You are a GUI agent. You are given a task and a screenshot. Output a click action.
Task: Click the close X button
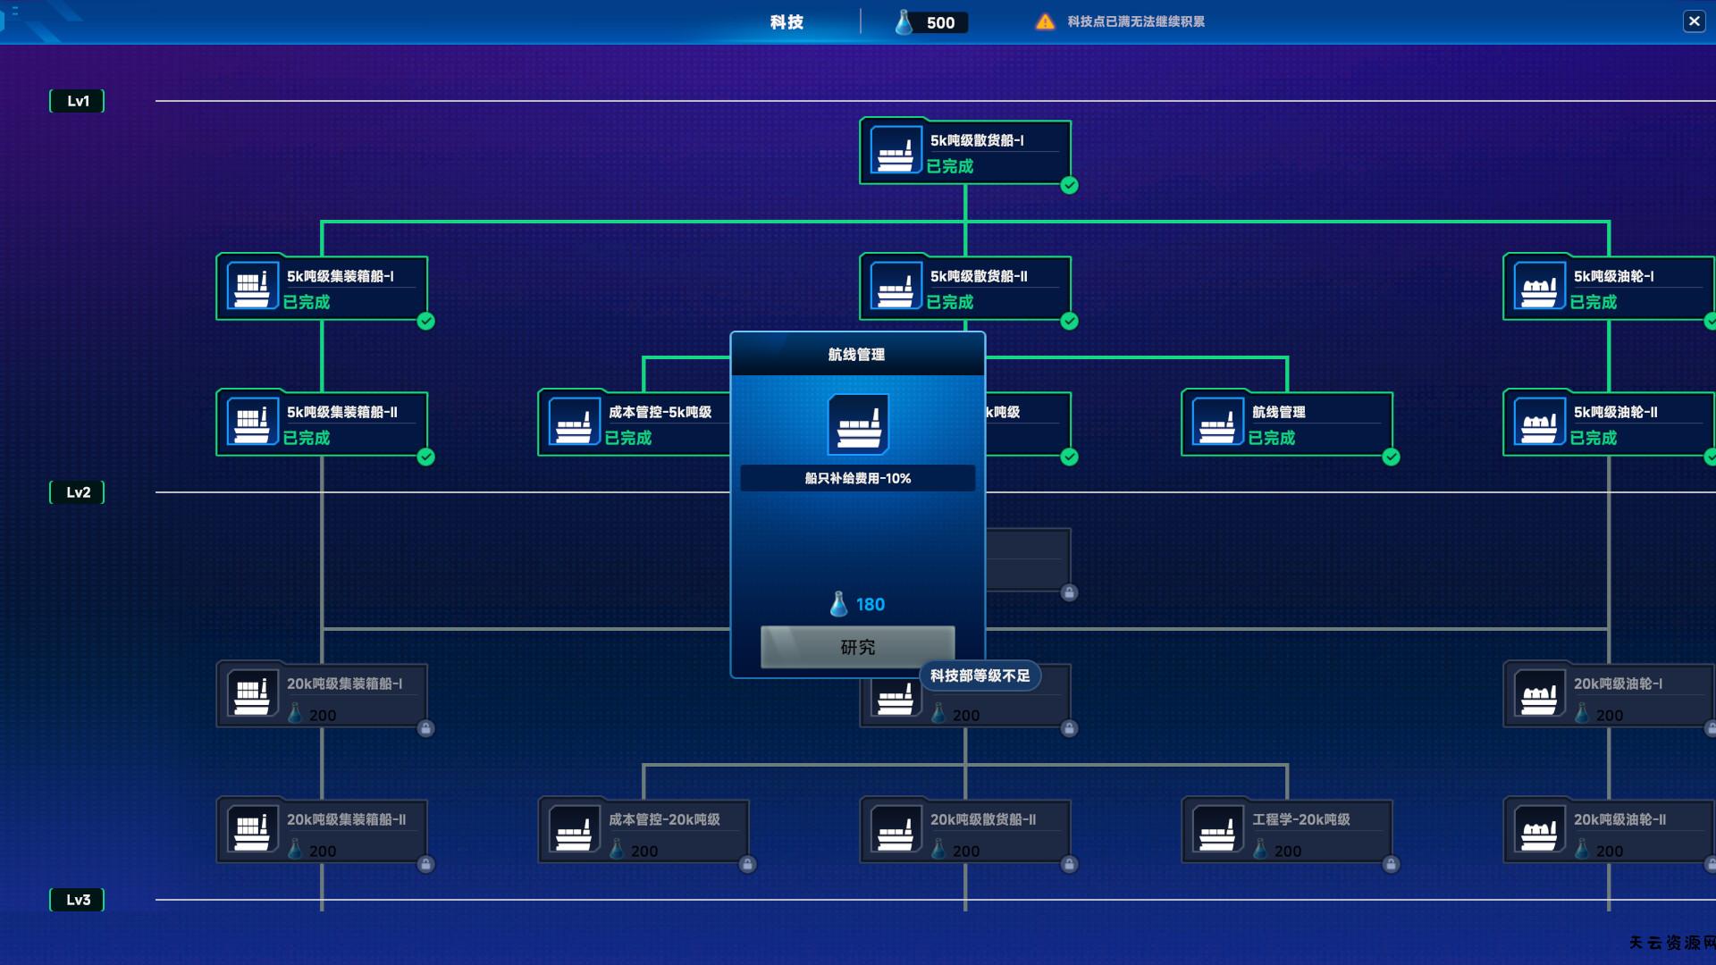click(x=1694, y=21)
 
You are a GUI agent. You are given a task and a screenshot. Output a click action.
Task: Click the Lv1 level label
click(x=78, y=101)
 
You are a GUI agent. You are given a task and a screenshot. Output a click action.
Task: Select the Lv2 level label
click(x=78, y=492)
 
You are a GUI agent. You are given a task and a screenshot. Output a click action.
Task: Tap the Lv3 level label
click(x=78, y=900)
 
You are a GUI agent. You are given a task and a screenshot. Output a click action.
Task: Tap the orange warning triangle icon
click(x=1045, y=22)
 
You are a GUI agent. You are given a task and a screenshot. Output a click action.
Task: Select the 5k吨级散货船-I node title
click(x=977, y=140)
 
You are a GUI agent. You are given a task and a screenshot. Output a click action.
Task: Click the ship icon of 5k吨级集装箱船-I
click(x=252, y=287)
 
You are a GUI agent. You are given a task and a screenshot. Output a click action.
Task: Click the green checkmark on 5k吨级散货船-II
click(x=1069, y=322)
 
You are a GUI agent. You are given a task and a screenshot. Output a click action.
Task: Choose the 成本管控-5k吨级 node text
click(x=660, y=412)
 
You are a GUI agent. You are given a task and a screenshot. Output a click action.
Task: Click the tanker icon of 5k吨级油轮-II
click(x=1539, y=423)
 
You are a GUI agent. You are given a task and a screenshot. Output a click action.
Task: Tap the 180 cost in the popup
click(x=869, y=605)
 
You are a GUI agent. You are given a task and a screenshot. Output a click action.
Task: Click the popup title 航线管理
click(x=856, y=355)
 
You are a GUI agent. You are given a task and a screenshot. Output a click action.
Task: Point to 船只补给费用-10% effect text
click(x=857, y=479)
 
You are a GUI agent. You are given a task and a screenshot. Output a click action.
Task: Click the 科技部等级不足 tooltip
click(x=980, y=676)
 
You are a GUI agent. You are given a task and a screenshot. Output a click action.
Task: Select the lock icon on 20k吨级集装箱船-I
click(x=425, y=729)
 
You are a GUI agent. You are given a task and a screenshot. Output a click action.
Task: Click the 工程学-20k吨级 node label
click(x=1300, y=819)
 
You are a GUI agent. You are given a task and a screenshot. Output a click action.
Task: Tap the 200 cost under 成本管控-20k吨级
click(x=643, y=852)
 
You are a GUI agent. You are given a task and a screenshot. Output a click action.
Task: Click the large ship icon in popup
click(x=858, y=424)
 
